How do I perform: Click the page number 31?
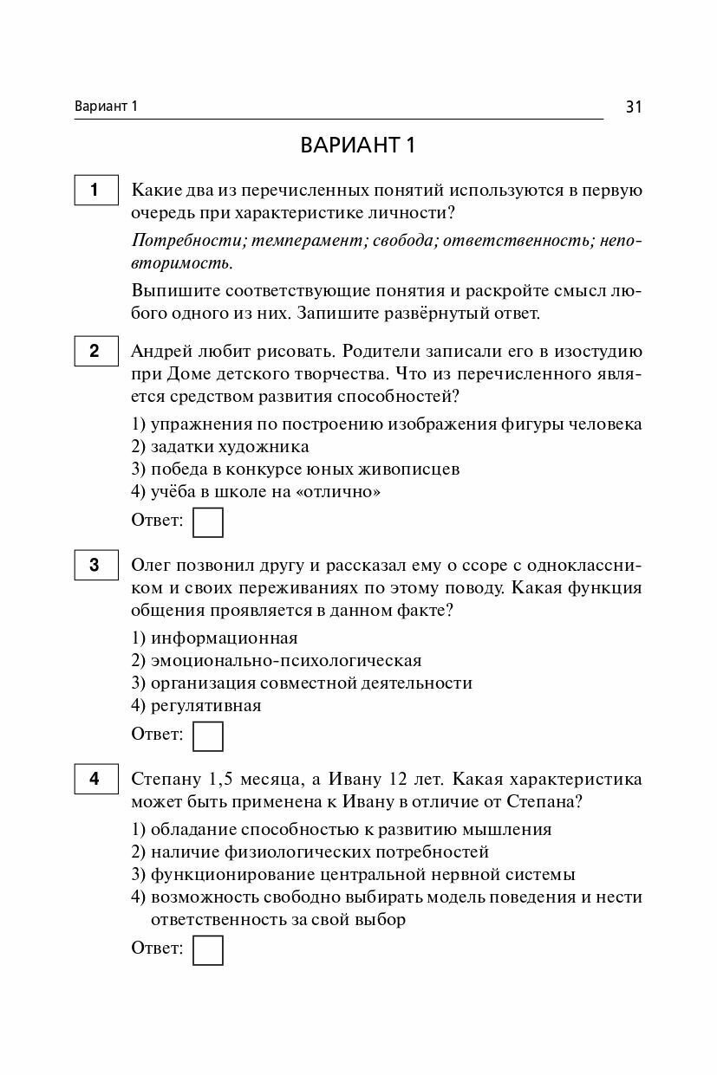pyautogui.click(x=632, y=107)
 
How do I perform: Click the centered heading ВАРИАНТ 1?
pyautogui.click(x=358, y=146)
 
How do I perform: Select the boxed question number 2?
pyautogui.click(x=95, y=351)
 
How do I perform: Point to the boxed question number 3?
pyautogui.click(x=95, y=565)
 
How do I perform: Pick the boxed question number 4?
pyautogui.click(x=95, y=779)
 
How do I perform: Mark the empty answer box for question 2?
pyautogui.click(x=207, y=522)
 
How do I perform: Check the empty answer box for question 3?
pyautogui.click(x=207, y=735)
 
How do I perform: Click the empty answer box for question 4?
pyautogui.click(x=207, y=949)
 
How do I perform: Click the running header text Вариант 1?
pyautogui.click(x=107, y=107)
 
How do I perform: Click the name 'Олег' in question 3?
pyautogui.click(x=150, y=566)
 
